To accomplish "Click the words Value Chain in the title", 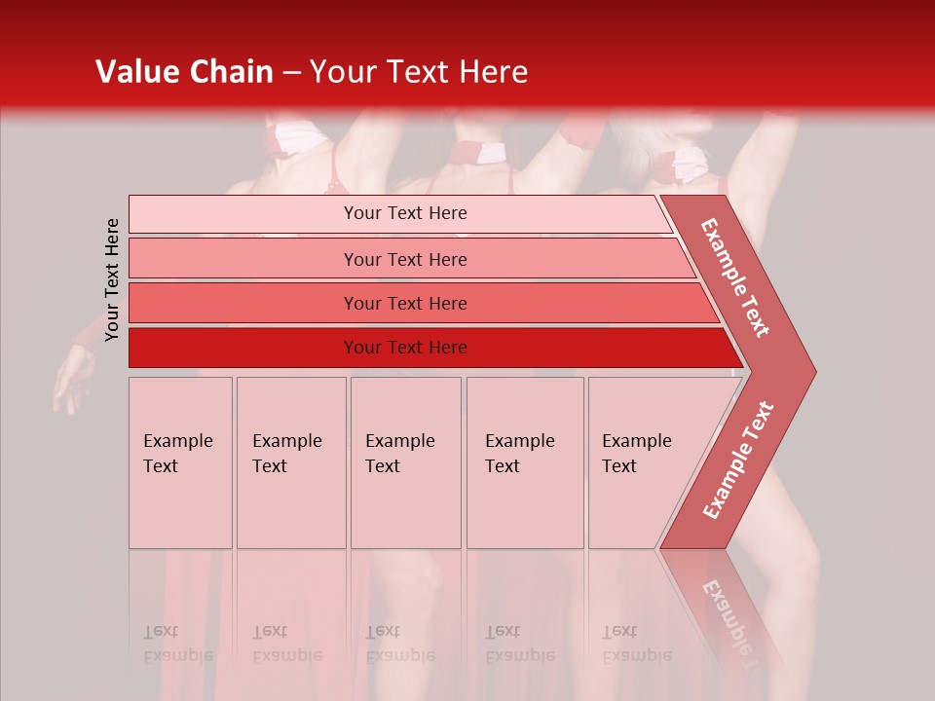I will coord(184,72).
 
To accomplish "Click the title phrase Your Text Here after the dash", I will coord(419,72).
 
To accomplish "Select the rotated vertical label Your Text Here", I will coord(112,279).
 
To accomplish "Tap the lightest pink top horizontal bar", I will coord(243,214).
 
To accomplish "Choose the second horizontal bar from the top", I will coord(243,259).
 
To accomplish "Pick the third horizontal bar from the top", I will coord(243,303).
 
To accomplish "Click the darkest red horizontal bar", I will coord(243,348).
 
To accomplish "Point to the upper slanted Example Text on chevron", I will coord(736,277).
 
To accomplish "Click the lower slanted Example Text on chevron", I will coord(739,460).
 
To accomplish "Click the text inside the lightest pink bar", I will coord(405,213).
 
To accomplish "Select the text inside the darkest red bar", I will coord(405,348).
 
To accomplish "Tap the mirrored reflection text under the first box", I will coord(177,644).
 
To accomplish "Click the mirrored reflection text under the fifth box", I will coord(636,644).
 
